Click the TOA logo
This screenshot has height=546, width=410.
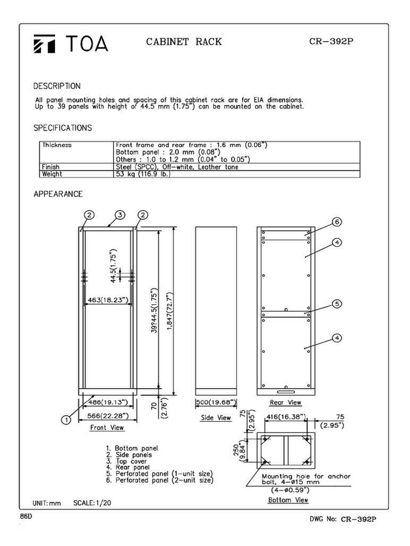click(x=70, y=43)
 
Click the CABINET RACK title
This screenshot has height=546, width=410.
click(x=184, y=42)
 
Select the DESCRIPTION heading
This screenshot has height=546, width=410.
click(x=57, y=86)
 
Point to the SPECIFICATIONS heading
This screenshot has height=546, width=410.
click(x=62, y=128)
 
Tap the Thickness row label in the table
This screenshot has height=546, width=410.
click(x=57, y=145)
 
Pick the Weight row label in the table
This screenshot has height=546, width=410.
click(x=52, y=174)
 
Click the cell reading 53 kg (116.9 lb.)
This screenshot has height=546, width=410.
click(x=143, y=174)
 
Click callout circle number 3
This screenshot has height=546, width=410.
click(x=120, y=215)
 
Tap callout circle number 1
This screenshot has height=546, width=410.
click(x=66, y=420)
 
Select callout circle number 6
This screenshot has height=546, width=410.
click(x=337, y=222)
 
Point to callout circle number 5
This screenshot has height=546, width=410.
click(x=337, y=304)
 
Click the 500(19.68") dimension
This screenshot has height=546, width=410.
click(x=216, y=403)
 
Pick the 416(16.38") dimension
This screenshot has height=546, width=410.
click(x=286, y=416)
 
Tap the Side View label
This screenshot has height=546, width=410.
click(x=216, y=417)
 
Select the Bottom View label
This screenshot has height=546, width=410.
click(x=288, y=500)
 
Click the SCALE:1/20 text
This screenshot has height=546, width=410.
click(x=92, y=503)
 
